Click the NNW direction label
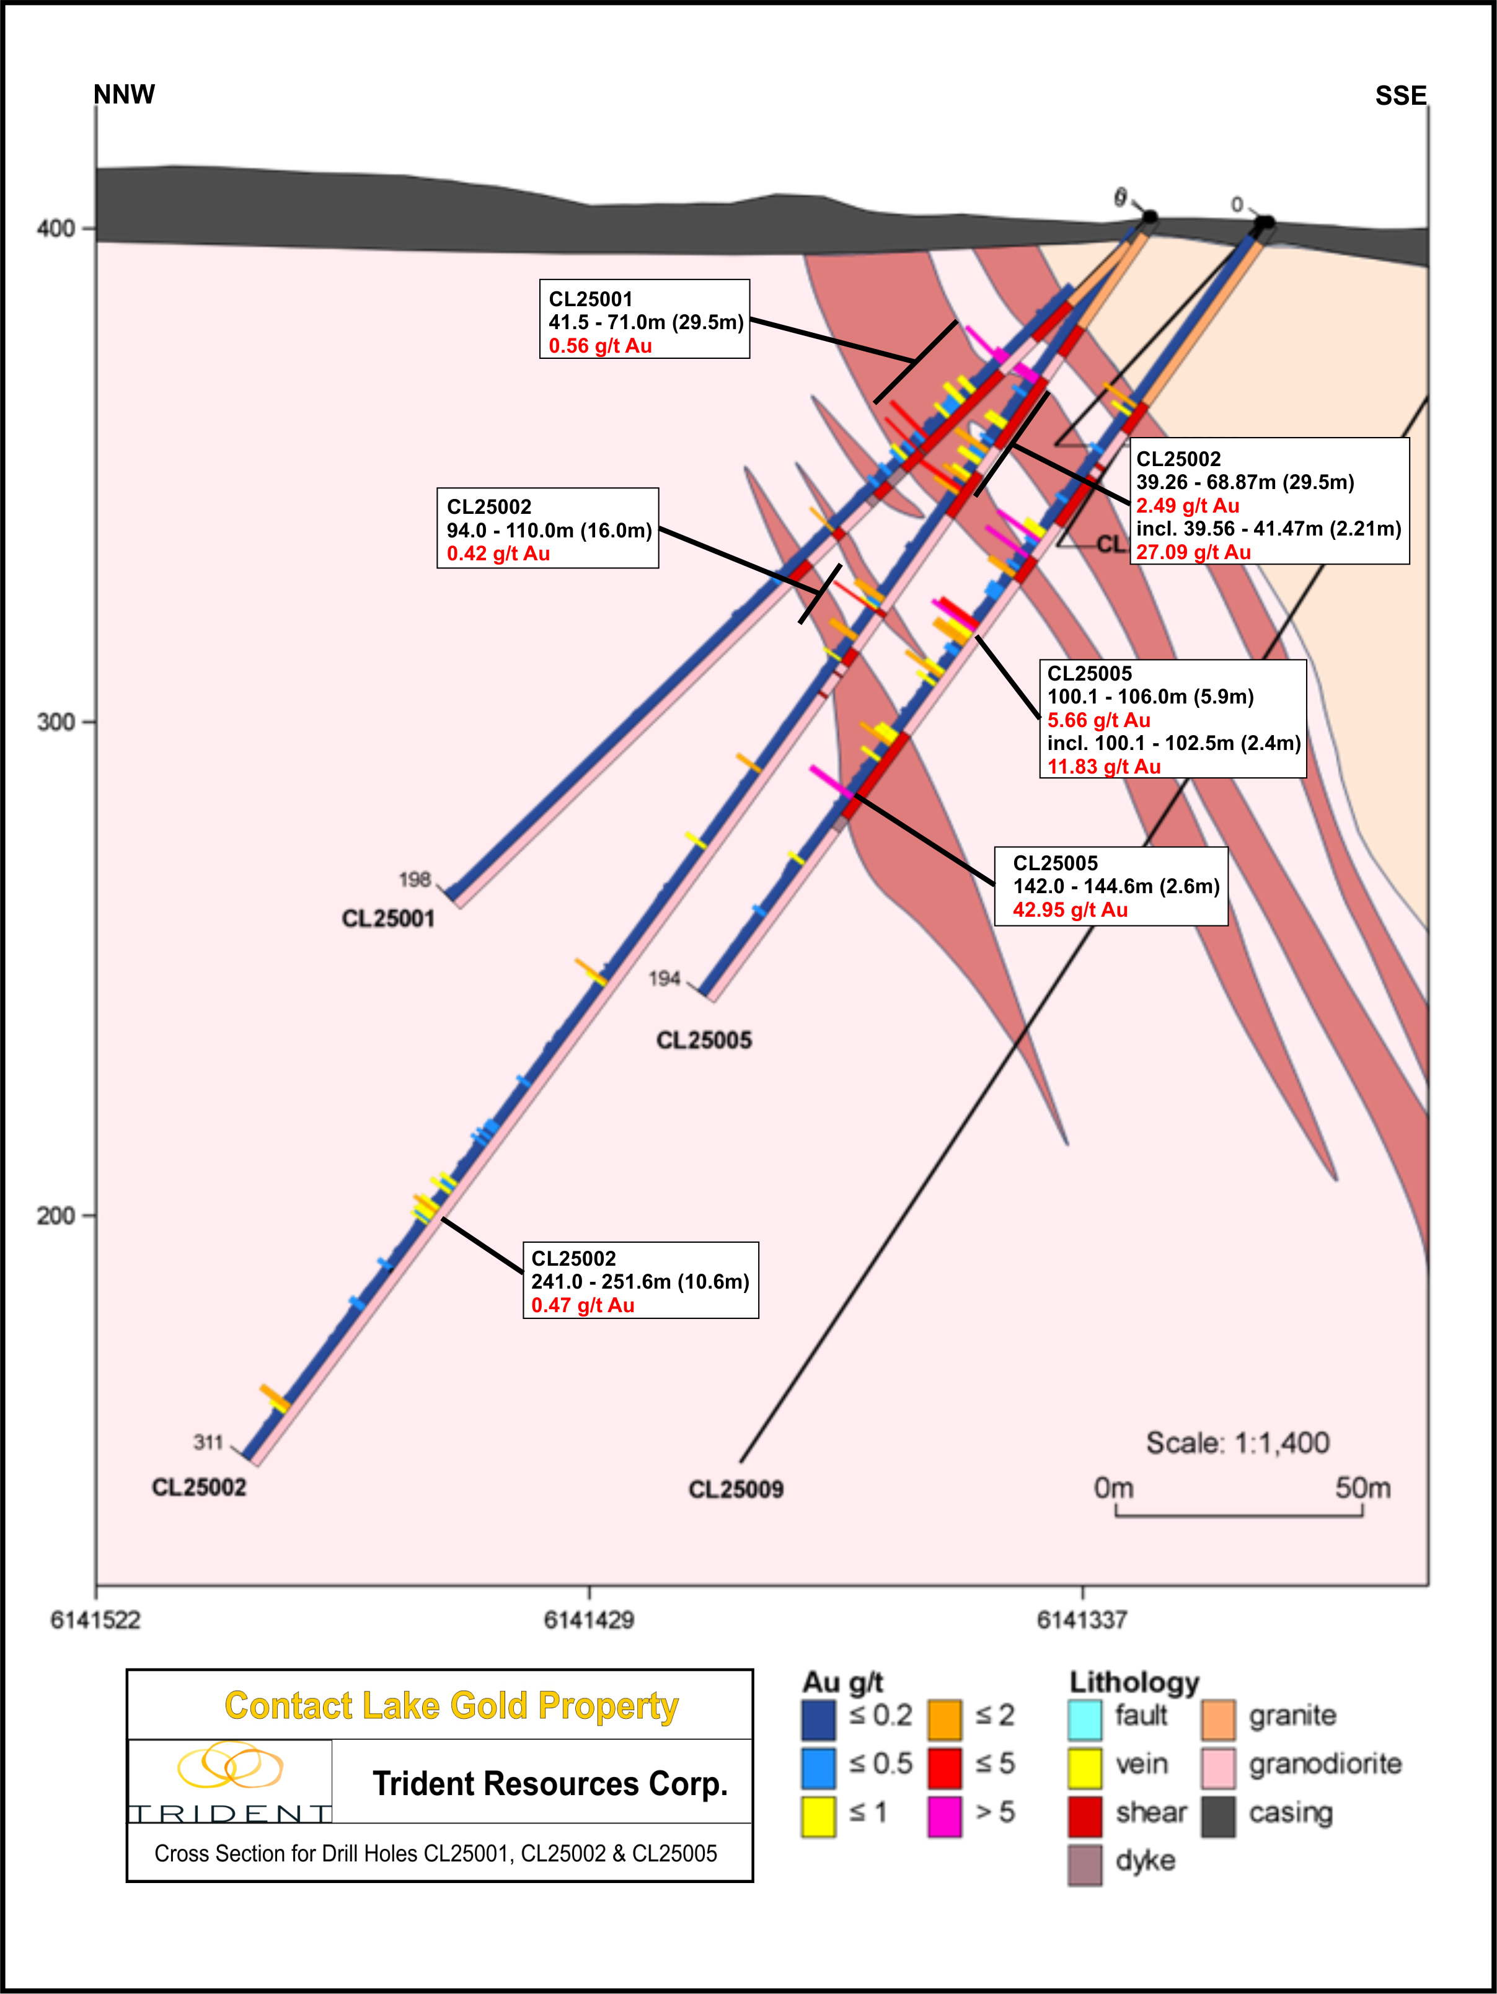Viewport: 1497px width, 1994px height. click(125, 95)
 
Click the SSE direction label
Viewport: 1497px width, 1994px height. click(1400, 95)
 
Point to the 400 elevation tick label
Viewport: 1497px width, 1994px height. click(55, 229)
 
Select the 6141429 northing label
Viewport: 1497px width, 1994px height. click(588, 1620)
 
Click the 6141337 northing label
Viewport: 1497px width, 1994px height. click(1082, 1620)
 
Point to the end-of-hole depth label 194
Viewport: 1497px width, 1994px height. click(665, 978)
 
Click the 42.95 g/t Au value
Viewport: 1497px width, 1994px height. click(1070, 909)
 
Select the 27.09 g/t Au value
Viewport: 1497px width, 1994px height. click(1193, 552)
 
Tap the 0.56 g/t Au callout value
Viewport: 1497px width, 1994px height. click(599, 346)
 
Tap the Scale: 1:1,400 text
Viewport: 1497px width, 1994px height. click(1237, 1443)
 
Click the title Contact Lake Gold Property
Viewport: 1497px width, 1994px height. click(451, 1706)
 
